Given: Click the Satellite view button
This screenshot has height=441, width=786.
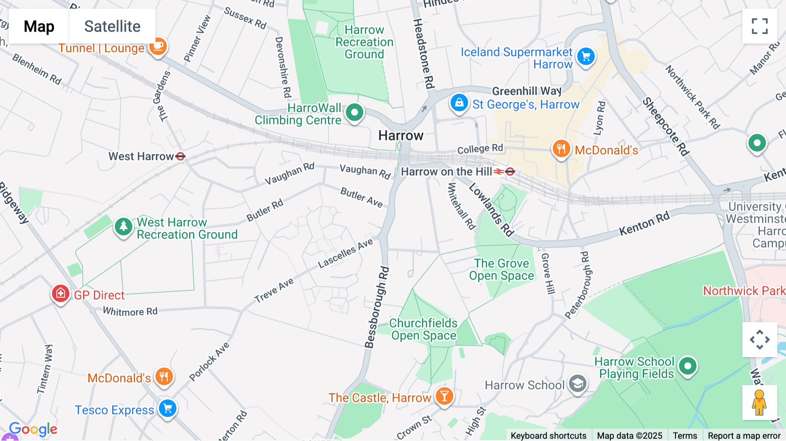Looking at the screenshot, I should coord(112,26).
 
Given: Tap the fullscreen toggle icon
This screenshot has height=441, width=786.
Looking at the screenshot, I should coord(759,26).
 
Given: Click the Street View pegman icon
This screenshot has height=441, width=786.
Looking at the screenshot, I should coord(759,403).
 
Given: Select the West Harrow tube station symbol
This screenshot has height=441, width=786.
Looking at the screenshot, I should coord(180,156).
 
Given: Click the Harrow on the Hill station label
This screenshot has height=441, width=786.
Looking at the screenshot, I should coord(446,172).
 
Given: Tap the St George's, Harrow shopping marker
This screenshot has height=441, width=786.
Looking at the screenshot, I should coord(459,103).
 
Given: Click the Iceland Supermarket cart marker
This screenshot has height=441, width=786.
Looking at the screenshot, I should coord(586,57).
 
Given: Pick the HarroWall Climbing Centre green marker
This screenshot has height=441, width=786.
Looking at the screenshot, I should coord(354,113).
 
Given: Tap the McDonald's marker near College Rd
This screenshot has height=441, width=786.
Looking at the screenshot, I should coord(561,149).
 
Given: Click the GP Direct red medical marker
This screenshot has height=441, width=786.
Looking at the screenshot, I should coord(61,293).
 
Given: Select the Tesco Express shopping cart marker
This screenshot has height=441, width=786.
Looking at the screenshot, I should coord(168,409).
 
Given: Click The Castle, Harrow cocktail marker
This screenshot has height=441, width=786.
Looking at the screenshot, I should coord(444,396).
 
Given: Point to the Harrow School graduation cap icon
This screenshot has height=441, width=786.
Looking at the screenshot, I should coord(578,384).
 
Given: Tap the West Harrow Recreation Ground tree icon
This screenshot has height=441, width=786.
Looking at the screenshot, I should coord(123,226).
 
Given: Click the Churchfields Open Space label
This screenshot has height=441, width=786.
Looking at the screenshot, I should coord(423,329).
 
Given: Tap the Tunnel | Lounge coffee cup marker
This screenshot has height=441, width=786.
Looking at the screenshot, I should coord(158,45).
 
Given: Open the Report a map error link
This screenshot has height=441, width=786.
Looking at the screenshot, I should coord(744,435).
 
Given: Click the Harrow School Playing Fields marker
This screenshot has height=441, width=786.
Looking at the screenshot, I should coord(688,366).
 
